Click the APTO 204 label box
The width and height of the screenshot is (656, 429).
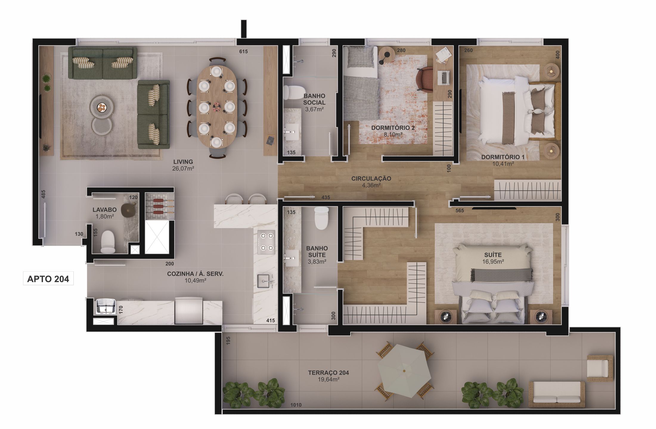point(48,279)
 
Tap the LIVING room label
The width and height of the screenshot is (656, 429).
point(183,162)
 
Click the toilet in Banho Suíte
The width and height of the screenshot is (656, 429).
point(321,218)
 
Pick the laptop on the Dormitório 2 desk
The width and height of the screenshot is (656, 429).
point(444,77)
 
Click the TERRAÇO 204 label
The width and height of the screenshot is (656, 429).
point(328,373)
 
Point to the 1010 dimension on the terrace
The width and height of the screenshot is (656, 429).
point(296,405)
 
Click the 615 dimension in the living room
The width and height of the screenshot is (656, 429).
point(244,52)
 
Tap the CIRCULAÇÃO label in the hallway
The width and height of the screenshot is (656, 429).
point(371,179)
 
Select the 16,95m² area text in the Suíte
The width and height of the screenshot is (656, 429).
point(493,262)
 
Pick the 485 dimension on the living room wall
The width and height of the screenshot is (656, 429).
point(43,195)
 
